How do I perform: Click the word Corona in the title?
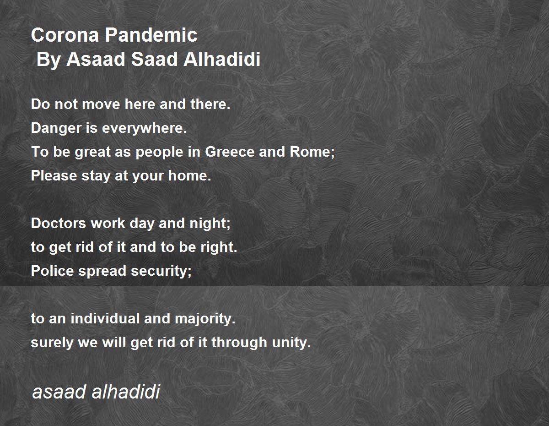point(65,35)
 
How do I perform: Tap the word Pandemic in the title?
point(151,35)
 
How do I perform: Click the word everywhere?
point(144,128)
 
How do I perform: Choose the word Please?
point(54,175)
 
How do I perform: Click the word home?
point(189,175)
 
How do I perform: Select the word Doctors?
point(59,224)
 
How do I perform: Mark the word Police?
point(52,271)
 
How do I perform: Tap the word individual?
point(105,318)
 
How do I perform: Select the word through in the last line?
point(239,343)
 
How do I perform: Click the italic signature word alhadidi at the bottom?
point(125,392)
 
